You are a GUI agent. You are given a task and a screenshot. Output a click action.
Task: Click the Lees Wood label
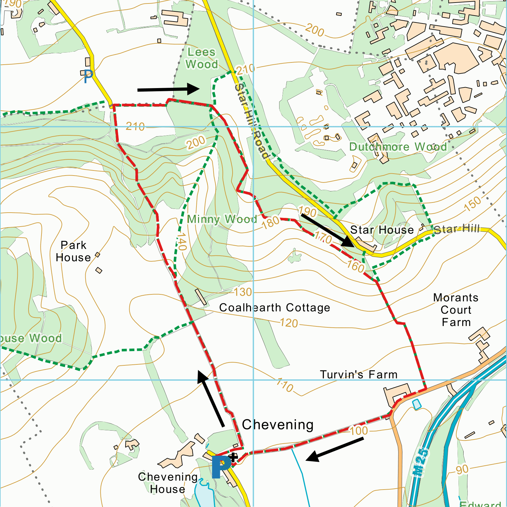pyautogui.click(x=202, y=58)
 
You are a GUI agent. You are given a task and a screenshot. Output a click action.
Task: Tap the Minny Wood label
pyautogui.click(x=222, y=219)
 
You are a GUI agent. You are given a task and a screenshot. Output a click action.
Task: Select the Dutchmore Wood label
pyautogui.click(x=398, y=147)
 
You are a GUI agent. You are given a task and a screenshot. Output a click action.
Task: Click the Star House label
pyautogui.click(x=382, y=230)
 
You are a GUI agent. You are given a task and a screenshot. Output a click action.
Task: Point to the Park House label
pyautogui.click(x=74, y=251)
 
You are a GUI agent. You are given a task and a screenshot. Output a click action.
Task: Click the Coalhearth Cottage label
pyautogui.click(x=274, y=307)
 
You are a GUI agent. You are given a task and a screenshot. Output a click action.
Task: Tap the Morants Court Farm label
pyautogui.click(x=456, y=310)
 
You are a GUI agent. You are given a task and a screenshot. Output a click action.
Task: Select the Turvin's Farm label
pyautogui.click(x=358, y=375)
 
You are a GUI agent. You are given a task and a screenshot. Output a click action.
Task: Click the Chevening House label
pyautogui.click(x=168, y=483)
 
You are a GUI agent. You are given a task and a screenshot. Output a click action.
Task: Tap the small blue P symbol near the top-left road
pyautogui.click(x=88, y=76)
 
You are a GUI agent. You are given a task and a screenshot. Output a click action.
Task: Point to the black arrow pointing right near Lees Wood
pyautogui.click(x=168, y=89)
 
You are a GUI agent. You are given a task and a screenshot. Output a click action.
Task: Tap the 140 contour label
pyautogui.click(x=182, y=241)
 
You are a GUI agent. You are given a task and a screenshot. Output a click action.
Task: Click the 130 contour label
pyautogui.click(x=243, y=292)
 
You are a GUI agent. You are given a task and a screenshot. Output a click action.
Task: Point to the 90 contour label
pyautogui.click(x=462, y=469)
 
